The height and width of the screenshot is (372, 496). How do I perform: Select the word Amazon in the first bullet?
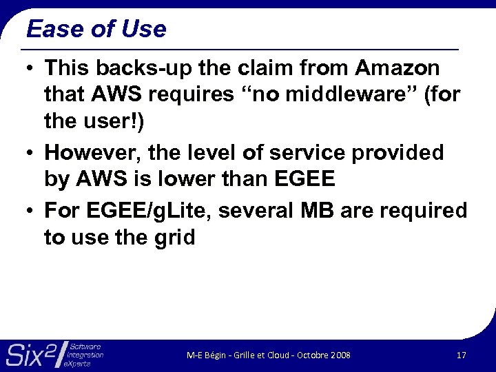(397, 68)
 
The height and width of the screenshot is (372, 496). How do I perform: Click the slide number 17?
(462, 355)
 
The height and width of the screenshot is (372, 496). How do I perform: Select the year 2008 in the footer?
(340, 355)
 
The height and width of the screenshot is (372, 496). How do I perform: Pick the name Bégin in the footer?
(214, 355)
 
